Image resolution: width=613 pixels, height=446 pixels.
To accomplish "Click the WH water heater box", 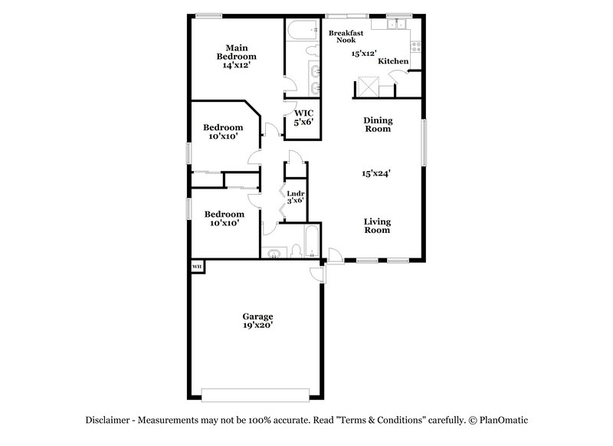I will tap(197, 267).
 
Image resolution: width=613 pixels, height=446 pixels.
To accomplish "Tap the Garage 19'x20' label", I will tap(258, 320).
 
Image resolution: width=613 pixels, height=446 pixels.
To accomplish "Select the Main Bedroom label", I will tap(235, 57).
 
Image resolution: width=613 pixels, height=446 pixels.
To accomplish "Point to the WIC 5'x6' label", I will tap(304, 117).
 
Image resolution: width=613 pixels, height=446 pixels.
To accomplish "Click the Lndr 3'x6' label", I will tap(296, 197).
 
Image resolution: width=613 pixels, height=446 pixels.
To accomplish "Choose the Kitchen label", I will tap(393, 61).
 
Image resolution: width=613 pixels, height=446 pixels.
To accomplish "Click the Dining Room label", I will tap(377, 124).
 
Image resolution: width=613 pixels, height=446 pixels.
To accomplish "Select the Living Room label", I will tap(377, 225).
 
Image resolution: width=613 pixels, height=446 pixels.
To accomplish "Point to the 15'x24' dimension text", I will tap(377, 174).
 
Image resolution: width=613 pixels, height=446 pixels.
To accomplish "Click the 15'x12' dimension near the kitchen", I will tap(364, 54).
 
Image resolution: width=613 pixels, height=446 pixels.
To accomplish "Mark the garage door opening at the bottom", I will tap(258, 395).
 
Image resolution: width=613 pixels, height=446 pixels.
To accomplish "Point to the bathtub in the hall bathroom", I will tap(310, 242).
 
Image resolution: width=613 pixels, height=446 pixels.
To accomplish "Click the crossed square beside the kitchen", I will tap(369, 87).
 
